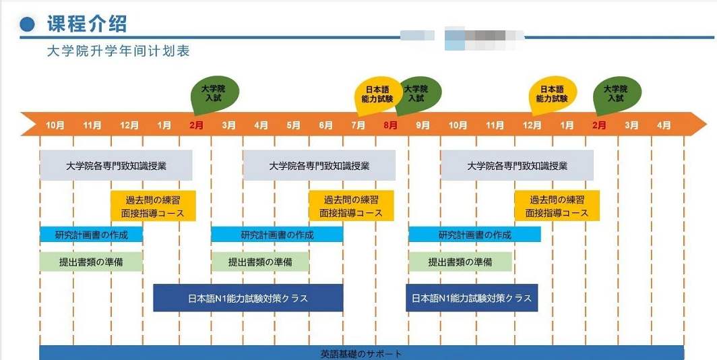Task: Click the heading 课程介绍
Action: (x=87, y=24)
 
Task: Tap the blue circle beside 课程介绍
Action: (x=28, y=25)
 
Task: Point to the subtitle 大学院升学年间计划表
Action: (x=118, y=51)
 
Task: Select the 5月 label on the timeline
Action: (x=293, y=125)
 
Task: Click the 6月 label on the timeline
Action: (x=325, y=125)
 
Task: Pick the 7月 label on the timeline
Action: (x=358, y=125)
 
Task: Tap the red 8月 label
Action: (x=390, y=125)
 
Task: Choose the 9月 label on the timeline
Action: (x=423, y=125)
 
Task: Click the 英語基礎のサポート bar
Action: (x=361, y=353)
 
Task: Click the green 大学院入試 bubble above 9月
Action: (x=417, y=94)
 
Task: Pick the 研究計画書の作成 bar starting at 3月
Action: (x=277, y=235)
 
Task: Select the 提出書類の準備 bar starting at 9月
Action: (x=460, y=262)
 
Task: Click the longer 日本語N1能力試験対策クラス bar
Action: (x=248, y=298)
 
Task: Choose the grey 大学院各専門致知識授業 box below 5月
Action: (x=319, y=166)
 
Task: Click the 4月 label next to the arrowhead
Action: (x=664, y=125)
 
